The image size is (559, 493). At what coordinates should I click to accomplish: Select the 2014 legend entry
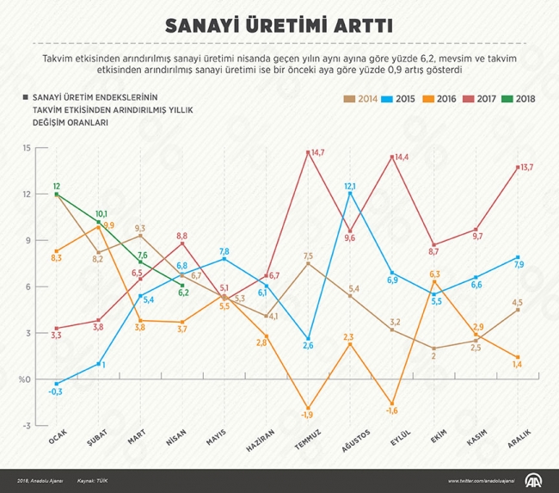[364, 98]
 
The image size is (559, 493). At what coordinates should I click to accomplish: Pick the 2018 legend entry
[517, 98]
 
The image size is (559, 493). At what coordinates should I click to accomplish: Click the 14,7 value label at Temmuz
[316, 152]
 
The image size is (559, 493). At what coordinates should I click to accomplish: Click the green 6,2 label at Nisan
[183, 293]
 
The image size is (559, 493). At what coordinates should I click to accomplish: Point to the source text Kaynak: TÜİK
[93, 480]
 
